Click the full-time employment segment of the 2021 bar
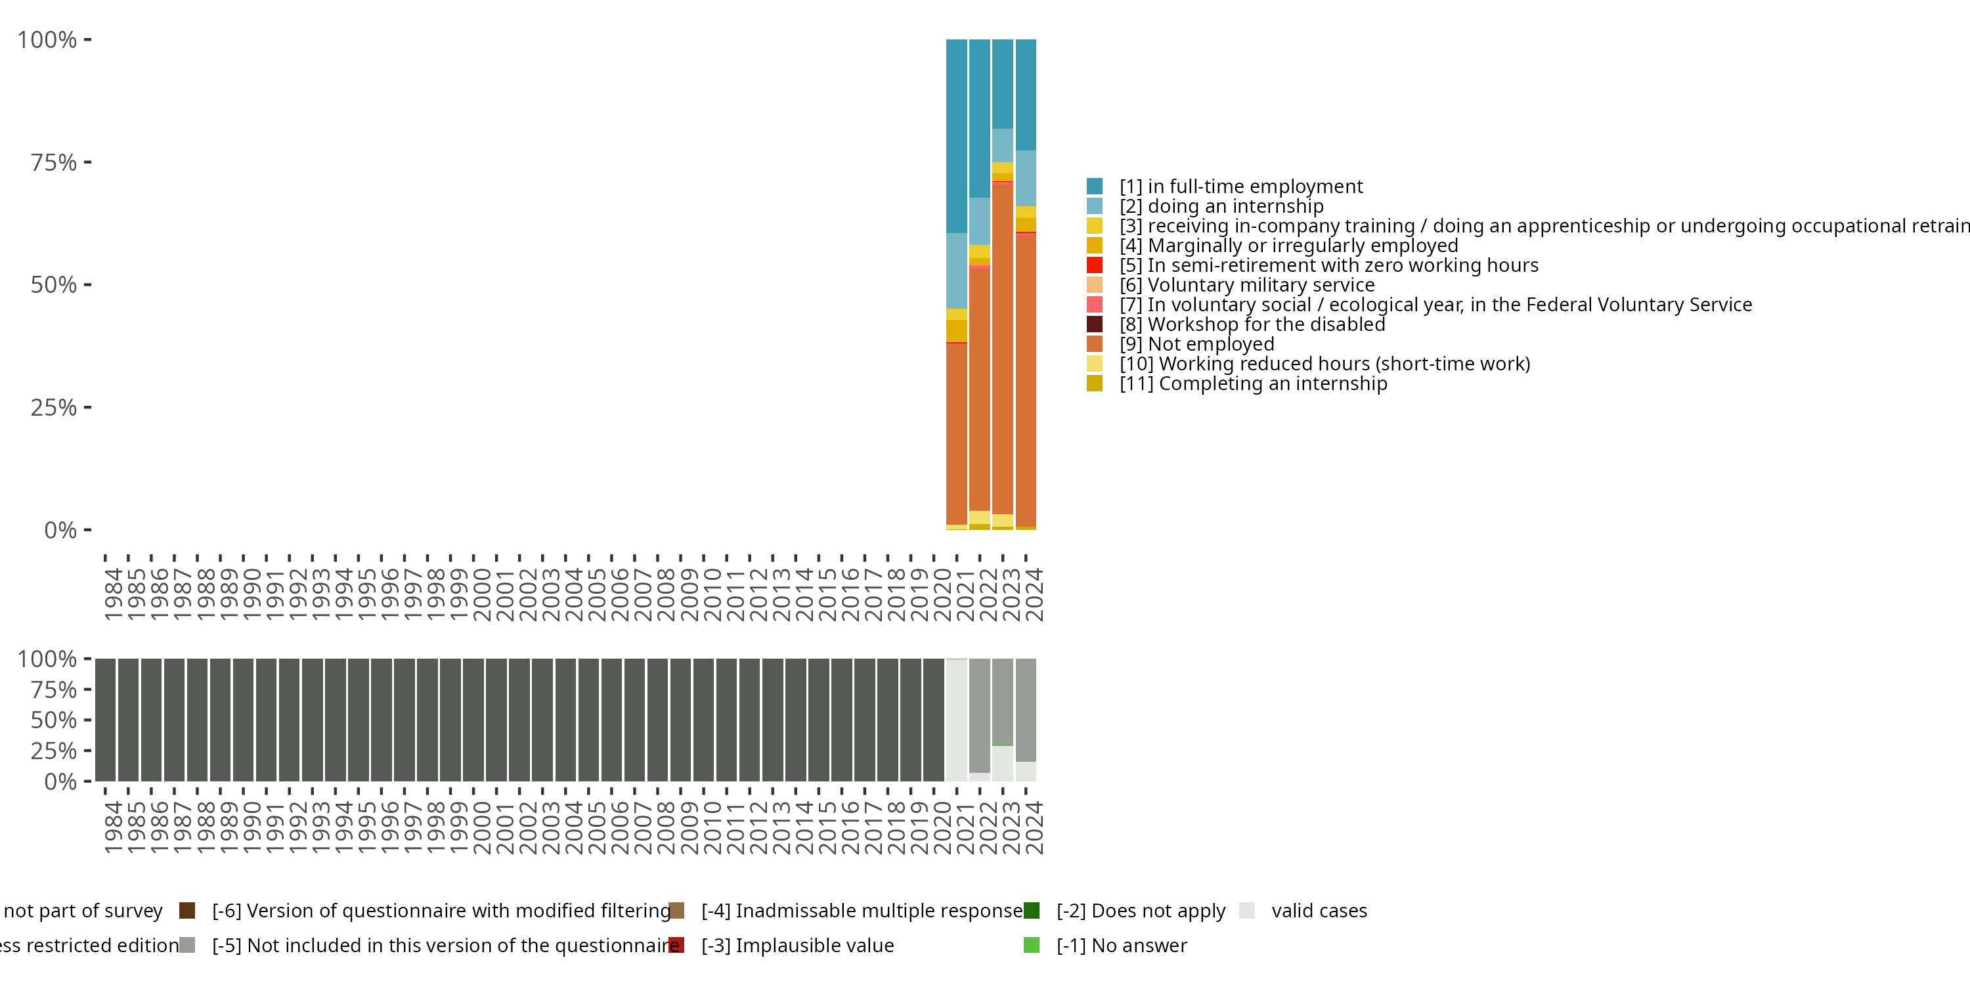[x=957, y=136]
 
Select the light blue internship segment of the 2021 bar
[x=957, y=271]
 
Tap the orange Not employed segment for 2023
[x=1003, y=349]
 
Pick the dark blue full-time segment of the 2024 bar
[x=1026, y=95]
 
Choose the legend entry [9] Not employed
[x=1197, y=344]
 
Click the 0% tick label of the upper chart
[x=60, y=530]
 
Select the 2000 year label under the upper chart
[x=482, y=594]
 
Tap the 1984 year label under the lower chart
[x=113, y=827]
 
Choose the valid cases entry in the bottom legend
[x=1319, y=911]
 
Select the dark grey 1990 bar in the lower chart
[x=243, y=720]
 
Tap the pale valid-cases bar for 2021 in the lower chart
[x=957, y=720]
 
